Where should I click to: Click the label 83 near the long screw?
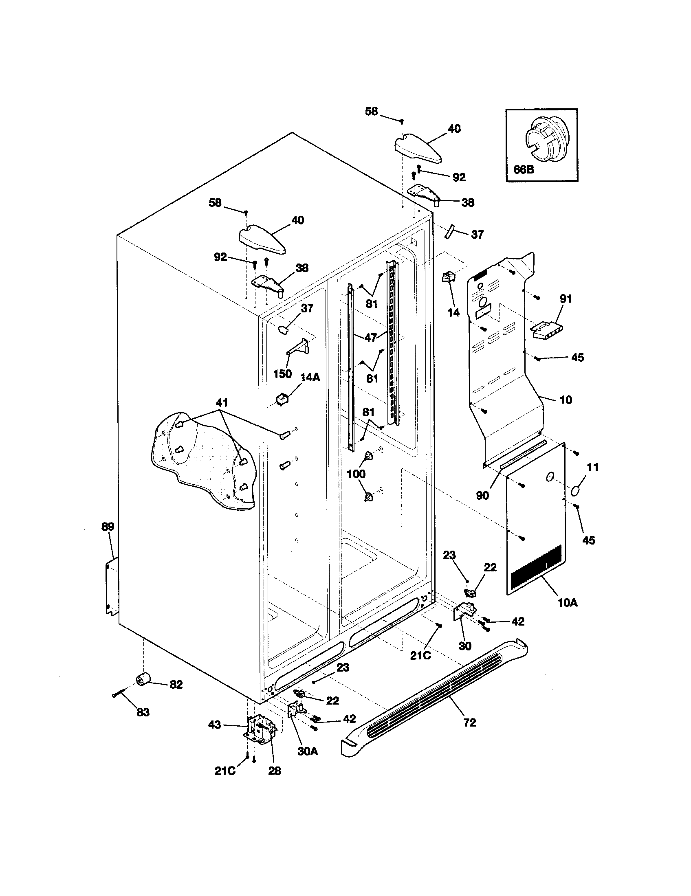point(143,713)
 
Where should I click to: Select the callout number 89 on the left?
point(108,526)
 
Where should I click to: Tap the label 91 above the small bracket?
point(566,299)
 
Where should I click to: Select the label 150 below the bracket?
point(282,373)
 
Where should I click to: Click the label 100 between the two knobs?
point(356,474)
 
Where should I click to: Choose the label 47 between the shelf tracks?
point(371,338)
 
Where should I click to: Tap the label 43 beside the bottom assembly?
point(214,725)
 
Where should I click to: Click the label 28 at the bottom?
point(275,771)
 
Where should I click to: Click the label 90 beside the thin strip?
point(482,496)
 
